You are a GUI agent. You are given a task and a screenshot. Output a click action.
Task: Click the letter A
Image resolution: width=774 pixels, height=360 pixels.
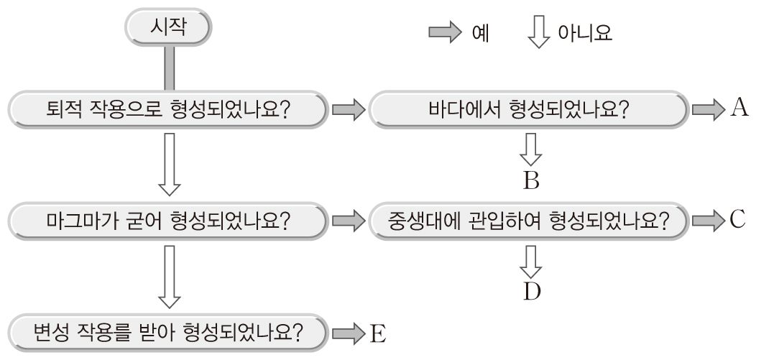740,109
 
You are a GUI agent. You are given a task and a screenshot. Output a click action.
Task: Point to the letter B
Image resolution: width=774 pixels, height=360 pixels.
531,180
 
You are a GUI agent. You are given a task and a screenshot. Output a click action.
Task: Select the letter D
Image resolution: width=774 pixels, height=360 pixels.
532,291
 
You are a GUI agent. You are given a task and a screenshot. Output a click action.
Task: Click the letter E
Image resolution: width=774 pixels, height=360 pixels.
378,332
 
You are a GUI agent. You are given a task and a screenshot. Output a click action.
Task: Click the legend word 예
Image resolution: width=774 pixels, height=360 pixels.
479,34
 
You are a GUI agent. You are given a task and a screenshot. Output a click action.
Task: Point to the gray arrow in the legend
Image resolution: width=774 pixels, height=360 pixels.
446,34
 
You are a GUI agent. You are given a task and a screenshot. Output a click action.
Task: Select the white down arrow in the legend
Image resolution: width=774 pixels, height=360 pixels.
537,34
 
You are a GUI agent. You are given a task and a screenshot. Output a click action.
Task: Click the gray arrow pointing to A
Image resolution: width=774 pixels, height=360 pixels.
709,110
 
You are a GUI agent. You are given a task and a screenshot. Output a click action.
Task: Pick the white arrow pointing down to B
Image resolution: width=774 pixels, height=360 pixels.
531,149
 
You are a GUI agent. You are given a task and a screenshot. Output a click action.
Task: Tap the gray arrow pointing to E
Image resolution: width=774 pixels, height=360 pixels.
349,333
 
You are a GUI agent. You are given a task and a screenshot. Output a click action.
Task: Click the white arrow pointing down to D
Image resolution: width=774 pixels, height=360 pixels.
531,260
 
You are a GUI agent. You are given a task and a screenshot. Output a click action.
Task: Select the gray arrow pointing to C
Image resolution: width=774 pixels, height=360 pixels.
709,220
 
